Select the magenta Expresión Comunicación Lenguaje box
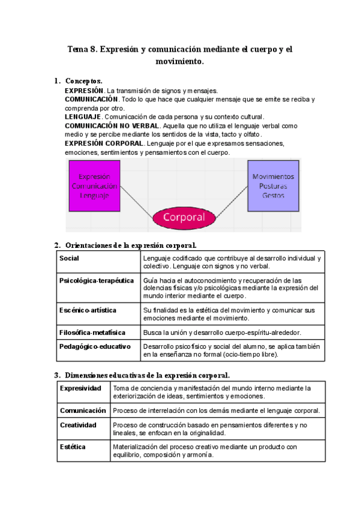coord(94,186)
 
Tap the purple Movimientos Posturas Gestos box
coord(274,186)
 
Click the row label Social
coord(70,258)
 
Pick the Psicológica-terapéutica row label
coord(96,280)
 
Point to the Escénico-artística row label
coord(88,310)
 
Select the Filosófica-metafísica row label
coord(92,331)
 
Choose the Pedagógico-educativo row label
coord(95,346)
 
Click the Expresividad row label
coord(80,388)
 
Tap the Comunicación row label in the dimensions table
coord(83,411)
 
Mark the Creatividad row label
coord(78,425)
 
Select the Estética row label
coord(73,447)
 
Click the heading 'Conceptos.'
coord(83,80)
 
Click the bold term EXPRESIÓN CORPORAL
coord(104,144)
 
